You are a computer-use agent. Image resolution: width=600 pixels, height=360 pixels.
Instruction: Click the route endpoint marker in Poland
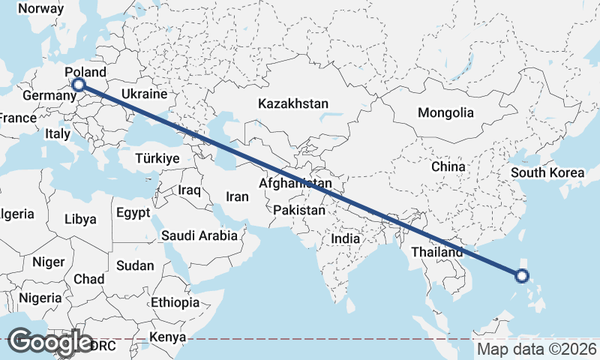point(78,85)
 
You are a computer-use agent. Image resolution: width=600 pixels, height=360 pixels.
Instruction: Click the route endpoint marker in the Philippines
point(523,276)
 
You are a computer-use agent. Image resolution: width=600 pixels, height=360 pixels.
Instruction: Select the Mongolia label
point(445,113)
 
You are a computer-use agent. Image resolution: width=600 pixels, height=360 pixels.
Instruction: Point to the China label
point(448,166)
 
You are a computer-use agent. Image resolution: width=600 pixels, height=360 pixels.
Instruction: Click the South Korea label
point(547,173)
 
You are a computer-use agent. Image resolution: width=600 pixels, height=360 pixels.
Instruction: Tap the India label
point(346,238)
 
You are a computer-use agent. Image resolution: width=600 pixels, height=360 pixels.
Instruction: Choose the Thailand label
point(436,253)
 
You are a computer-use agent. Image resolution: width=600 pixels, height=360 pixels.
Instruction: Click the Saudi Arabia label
point(199,235)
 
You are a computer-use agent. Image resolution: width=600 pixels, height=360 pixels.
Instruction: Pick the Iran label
point(237,196)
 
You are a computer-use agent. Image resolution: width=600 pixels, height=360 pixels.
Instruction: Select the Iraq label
point(190,190)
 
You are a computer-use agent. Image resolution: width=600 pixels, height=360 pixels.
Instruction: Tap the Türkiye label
point(157,159)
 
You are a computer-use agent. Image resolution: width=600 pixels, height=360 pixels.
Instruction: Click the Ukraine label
point(143,95)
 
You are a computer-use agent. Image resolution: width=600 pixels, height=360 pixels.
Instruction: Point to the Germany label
point(48,97)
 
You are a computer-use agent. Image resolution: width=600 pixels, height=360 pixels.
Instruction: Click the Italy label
point(58,133)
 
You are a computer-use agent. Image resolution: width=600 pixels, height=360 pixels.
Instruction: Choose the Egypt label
point(133,213)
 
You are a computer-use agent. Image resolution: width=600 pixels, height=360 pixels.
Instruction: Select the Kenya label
point(167,337)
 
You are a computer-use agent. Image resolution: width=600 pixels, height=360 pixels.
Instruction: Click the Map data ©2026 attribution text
point(537,349)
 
